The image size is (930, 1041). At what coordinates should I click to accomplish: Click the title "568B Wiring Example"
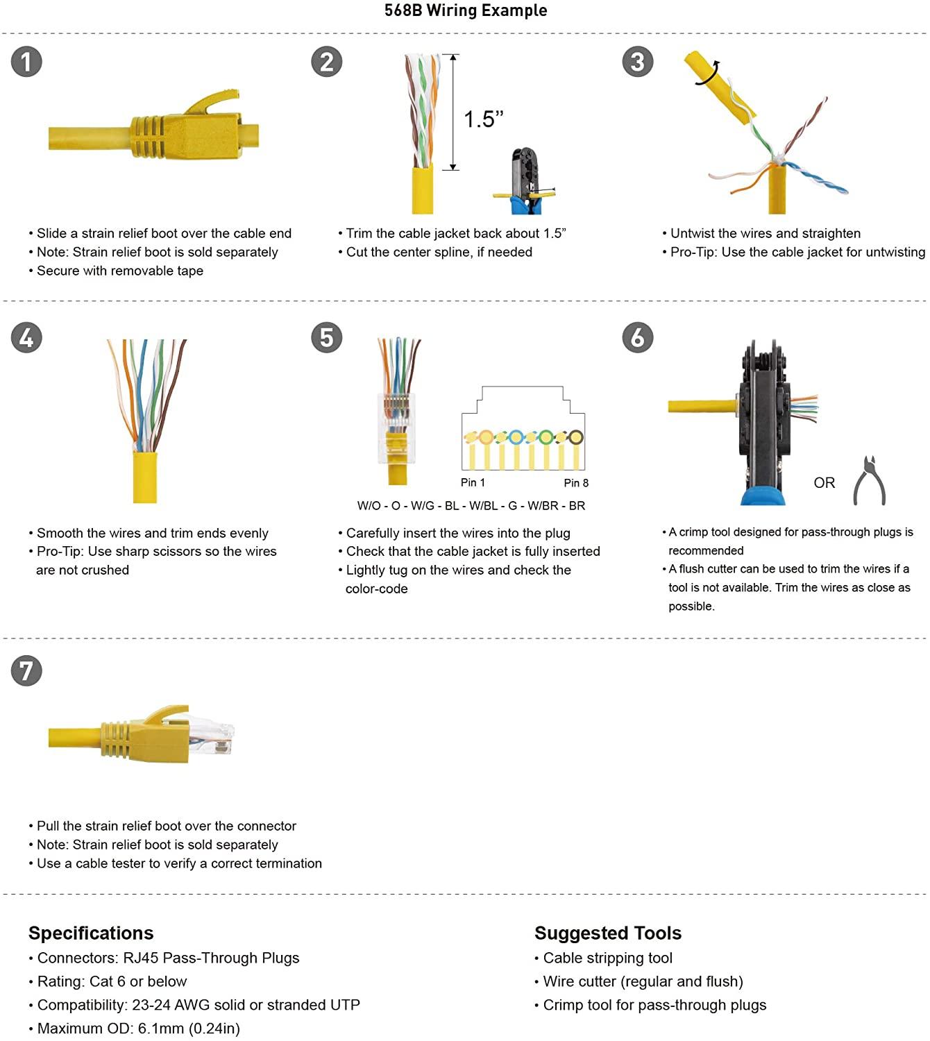point(466,10)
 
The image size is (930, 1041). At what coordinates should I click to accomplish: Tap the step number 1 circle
point(26,62)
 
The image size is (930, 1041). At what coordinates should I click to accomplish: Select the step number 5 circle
point(327,337)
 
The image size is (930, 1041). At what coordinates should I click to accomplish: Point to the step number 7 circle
point(26,670)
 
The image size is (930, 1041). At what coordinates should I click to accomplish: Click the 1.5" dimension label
point(484,119)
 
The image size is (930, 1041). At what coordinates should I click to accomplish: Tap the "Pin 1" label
point(473,482)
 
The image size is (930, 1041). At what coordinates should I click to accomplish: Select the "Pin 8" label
point(576,483)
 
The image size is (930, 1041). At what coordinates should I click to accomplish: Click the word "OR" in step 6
point(824,483)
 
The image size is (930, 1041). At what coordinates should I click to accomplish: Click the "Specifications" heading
point(91,933)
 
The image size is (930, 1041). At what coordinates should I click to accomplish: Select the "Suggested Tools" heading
point(608,933)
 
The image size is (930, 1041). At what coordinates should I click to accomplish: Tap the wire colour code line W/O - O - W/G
point(471,506)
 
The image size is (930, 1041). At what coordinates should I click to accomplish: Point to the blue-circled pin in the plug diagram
point(516,437)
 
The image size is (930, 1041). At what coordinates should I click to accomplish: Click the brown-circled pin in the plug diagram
point(576,437)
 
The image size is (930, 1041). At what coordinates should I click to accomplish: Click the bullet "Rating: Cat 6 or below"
point(108,981)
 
